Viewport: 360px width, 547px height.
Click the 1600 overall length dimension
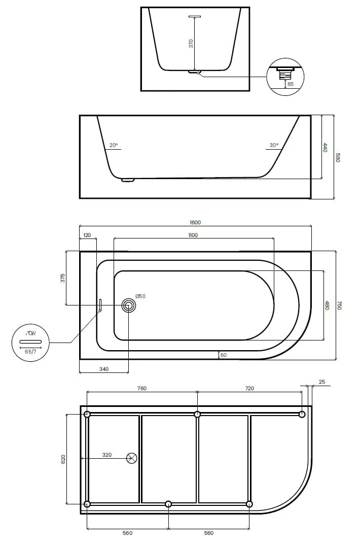tap(195, 222)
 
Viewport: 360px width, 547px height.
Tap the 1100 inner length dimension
tap(193, 235)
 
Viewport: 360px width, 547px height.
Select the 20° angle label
tap(114, 145)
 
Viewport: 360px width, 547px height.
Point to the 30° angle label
tap(274, 145)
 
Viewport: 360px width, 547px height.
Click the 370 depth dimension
tap(191, 44)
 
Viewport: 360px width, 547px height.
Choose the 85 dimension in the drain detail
tap(291, 84)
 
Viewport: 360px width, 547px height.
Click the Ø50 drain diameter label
tap(140, 296)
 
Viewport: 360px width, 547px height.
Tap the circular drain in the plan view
tap(129, 305)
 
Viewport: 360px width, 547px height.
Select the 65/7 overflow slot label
tap(30, 351)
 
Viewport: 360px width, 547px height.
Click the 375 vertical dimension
tap(63, 278)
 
